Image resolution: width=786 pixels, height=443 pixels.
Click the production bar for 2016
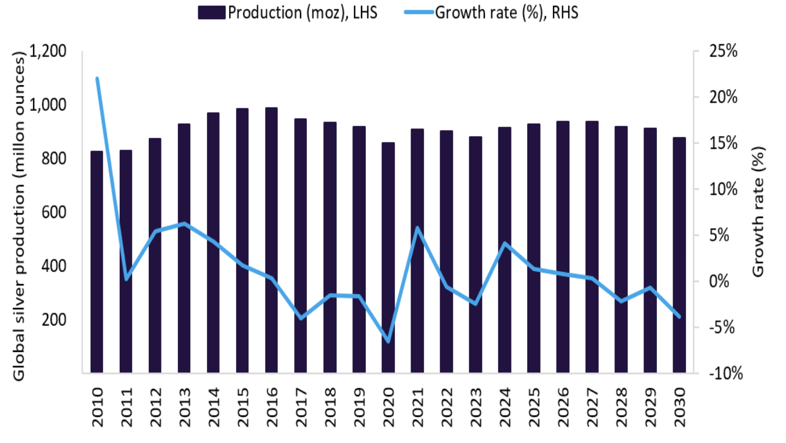click(x=271, y=240)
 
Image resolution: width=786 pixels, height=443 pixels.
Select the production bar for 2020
click(x=388, y=257)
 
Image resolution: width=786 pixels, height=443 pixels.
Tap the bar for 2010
click(x=97, y=262)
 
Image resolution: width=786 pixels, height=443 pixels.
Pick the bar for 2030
click(x=679, y=255)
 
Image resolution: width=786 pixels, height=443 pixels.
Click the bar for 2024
click(x=504, y=249)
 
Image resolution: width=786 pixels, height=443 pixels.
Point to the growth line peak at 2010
click(x=97, y=78)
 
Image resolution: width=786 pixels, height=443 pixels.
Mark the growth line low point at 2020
click(x=388, y=341)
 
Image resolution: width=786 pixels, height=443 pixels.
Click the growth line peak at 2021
click(x=417, y=227)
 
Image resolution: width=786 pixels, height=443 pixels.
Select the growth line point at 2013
click(x=184, y=223)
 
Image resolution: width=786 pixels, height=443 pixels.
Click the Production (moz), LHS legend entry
click(x=288, y=13)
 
